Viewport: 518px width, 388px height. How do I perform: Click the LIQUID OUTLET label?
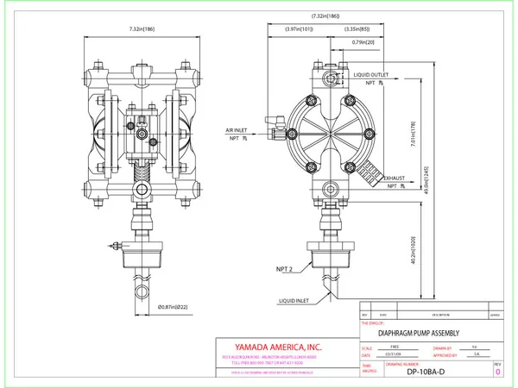(x=376, y=76)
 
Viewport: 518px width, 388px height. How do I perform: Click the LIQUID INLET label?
(x=296, y=299)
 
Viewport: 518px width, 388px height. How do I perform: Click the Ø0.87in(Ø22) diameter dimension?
(x=175, y=306)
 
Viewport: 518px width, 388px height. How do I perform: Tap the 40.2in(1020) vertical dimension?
(x=413, y=249)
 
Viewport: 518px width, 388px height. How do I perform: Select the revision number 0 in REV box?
(x=497, y=372)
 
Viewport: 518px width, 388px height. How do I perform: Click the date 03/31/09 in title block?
(x=394, y=354)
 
